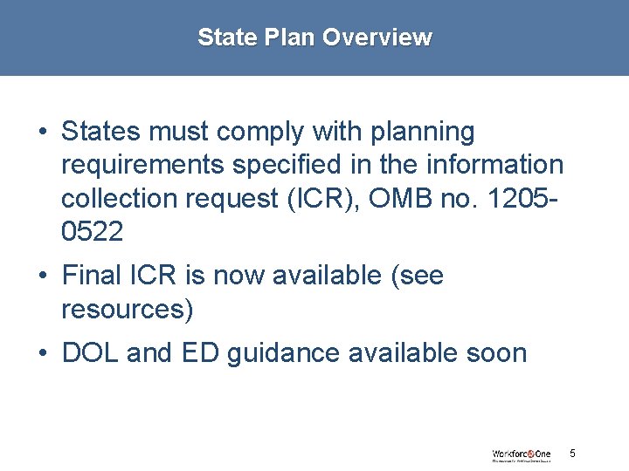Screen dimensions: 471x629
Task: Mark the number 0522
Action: (x=93, y=231)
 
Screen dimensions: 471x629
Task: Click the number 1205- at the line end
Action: (x=527, y=198)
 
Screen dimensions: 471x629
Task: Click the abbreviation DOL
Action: (x=91, y=353)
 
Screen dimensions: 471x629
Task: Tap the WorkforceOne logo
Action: (x=522, y=454)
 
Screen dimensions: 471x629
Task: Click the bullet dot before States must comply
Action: (x=42, y=133)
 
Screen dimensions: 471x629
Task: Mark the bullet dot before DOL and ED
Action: (x=42, y=354)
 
